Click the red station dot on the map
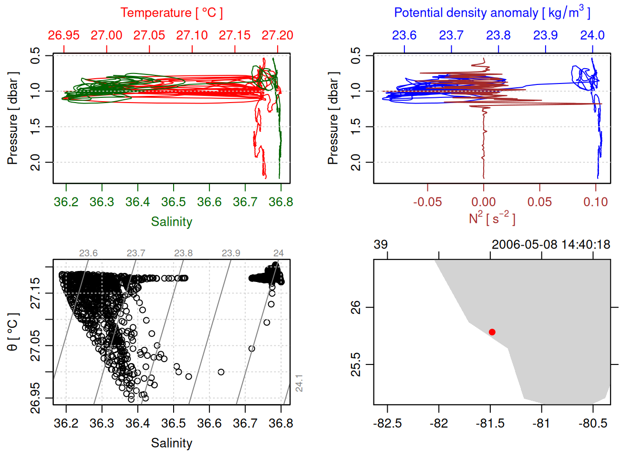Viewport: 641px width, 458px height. tap(492, 332)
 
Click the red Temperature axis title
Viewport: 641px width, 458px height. tap(171, 13)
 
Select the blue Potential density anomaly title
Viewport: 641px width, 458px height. tap(492, 13)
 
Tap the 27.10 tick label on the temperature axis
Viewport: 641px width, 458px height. tap(192, 35)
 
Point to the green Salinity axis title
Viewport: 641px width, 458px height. tap(172, 222)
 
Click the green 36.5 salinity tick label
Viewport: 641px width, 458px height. tap(174, 202)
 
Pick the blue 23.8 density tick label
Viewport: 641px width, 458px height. tap(498, 35)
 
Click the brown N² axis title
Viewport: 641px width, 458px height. tap(492, 219)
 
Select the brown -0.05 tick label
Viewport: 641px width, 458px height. tap(427, 202)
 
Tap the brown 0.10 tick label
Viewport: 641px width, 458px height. tap(596, 202)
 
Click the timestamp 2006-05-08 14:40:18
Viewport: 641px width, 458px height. tap(551, 245)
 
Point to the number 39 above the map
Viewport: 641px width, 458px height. tap(381, 245)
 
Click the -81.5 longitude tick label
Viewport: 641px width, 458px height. tap(490, 424)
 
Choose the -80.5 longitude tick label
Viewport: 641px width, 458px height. tap(593, 424)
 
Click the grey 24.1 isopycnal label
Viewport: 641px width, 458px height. tap(299, 383)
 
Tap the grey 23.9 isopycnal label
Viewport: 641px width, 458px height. tap(231, 253)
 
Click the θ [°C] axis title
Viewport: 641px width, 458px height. tap(13, 332)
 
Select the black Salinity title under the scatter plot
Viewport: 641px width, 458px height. tap(172, 443)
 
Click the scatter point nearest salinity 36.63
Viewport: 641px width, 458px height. tap(221, 372)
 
